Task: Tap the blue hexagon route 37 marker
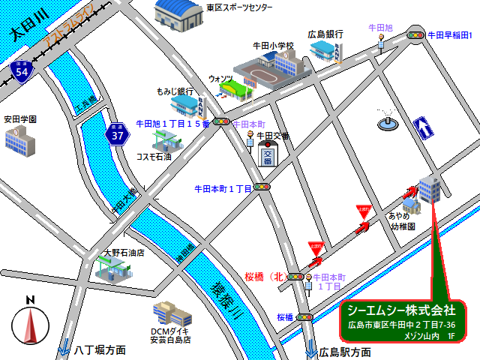click(x=117, y=135)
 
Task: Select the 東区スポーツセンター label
click(x=239, y=7)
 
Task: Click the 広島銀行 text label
click(x=325, y=34)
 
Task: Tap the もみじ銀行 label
click(x=175, y=91)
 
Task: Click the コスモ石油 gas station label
click(x=154, y=157)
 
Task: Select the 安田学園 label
click(x=20, y=119)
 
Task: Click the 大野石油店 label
click(x=124, y=253)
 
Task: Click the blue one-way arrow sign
click(x=423, y=128)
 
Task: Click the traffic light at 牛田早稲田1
click(x=415, y=34)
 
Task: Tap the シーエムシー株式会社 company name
click(x=402, y=310)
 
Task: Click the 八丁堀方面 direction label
click(x=100, y=350)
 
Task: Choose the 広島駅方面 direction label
click(x=345, y=352)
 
